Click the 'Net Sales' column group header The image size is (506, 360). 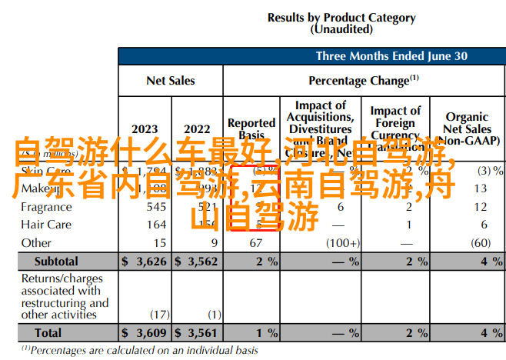tap(170, 80)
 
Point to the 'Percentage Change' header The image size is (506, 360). tap(363, 80)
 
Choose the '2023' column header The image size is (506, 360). tap(145, 128)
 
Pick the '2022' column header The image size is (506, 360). tap(197, 128)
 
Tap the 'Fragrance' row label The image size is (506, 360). tap(46, 207)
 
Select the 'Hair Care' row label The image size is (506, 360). tap(46, 225)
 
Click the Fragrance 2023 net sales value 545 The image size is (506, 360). tap(156, 207)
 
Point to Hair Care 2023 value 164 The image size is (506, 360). tap(156, 225)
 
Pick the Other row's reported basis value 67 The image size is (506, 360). tap(256, 243)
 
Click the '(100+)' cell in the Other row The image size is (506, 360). tap(341, 243)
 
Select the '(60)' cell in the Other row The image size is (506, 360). tap(481, 243)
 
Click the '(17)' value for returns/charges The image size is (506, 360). tap(159, 315)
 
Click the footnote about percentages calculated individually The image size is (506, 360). tap(140, 350)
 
